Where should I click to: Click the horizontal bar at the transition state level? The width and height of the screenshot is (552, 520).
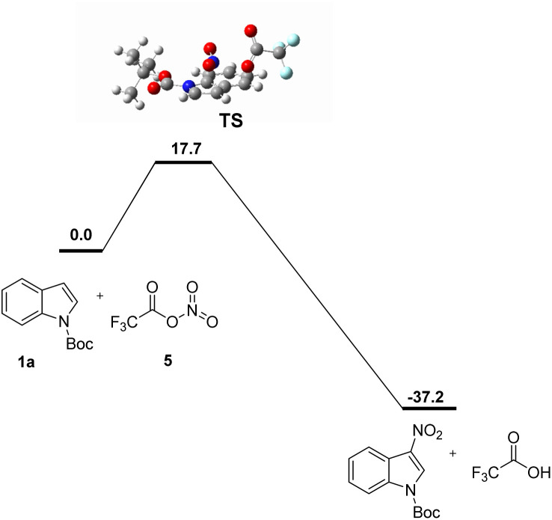pyautogui.click(x=183, y=162)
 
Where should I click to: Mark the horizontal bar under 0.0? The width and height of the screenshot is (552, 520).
pyautogui.click(x=81, y=250)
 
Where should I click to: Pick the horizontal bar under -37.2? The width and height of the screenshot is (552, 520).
pyautogui.click(x=429, y=409)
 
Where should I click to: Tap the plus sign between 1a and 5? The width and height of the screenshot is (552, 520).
pyautogui.click(x=100, y=297)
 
